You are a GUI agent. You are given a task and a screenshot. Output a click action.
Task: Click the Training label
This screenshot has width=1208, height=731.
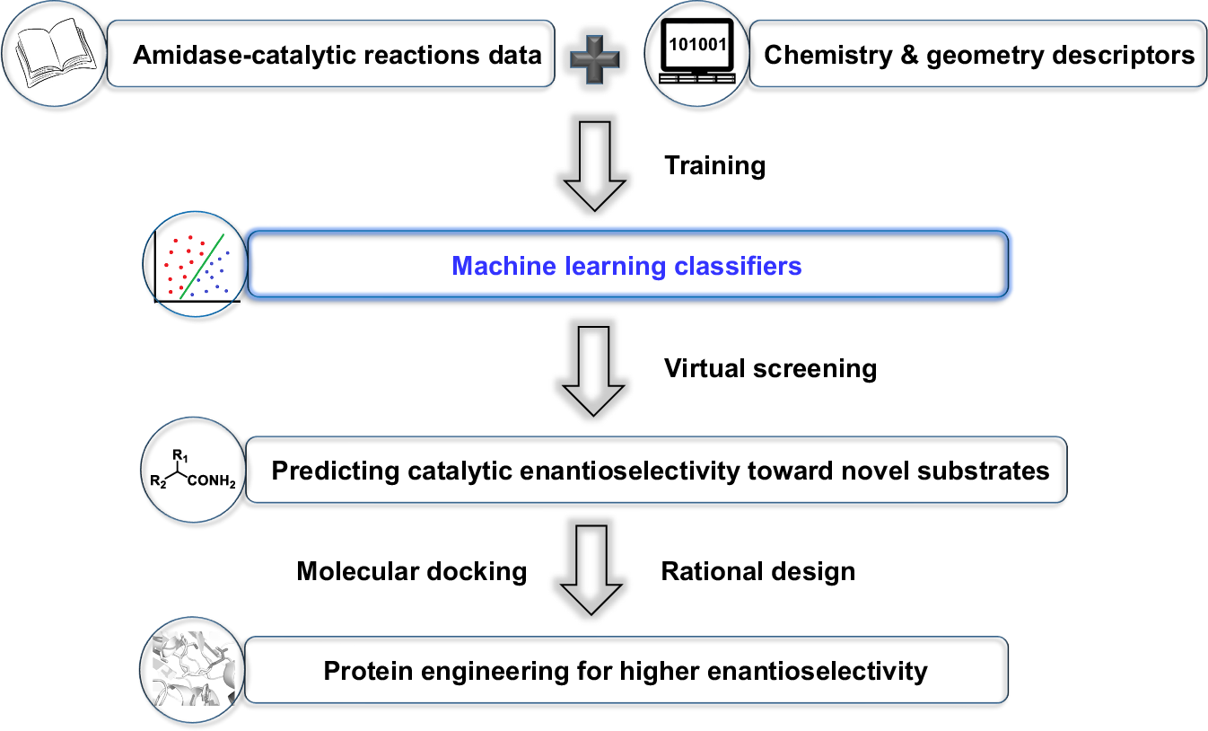[x=714, y=165]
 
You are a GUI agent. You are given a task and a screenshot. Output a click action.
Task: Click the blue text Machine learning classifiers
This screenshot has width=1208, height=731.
[x=626, y=266]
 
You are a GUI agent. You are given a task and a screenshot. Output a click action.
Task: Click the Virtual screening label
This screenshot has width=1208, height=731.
[x=770, y=368]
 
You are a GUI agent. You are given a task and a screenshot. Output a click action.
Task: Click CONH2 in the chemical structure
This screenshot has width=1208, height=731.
[x=211, y=482]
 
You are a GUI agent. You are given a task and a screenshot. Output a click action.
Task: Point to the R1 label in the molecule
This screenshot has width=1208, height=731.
[x=180, y=454]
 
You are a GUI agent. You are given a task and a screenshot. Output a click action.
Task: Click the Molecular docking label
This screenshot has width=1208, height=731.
[x=411, y=571]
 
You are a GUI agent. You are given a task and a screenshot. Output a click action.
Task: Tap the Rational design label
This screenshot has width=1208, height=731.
[x=757, y=571]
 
